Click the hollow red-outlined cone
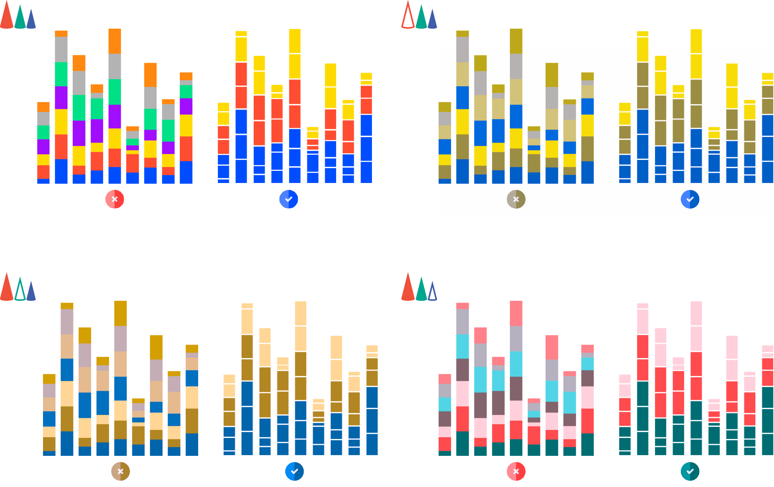coord(408,16)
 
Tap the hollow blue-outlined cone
coord(433,292)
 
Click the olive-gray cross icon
coord(516,199)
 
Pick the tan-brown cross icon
coord(120,471)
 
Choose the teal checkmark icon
coord(690,471)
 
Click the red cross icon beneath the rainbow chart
coord(115,199)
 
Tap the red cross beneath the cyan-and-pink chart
coord(516,471)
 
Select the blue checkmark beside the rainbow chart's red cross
coord(288,199)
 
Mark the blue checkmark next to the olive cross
coord(690,199)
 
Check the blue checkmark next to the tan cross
coord(294,471)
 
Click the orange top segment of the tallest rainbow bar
coord(115,41)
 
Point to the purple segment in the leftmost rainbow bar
coord(43,147)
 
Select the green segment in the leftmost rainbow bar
coord(43,132)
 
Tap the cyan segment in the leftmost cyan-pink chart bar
coord(445,404)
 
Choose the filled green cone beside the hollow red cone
coord(421,18)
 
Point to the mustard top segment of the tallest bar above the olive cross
coord(516,41)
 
